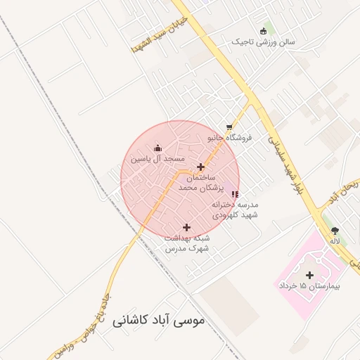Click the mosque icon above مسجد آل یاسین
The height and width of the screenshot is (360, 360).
(157, 148)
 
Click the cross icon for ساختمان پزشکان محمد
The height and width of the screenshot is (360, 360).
(201, 167)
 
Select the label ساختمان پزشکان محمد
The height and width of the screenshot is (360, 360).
(200, 184)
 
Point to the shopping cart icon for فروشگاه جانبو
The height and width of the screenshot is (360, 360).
(229, 127)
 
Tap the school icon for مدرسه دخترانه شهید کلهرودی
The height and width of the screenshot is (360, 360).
(235, 194)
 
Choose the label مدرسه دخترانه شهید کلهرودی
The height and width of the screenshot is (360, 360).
(235, 210)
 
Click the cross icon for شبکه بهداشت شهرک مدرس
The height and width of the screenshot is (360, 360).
(186, 227)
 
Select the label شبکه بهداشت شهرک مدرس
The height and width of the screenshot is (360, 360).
(188, 243)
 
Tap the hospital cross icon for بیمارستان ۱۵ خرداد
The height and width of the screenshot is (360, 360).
(309, 275)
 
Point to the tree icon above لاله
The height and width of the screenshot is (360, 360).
(334, 230)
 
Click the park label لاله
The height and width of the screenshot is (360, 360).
(335, 241)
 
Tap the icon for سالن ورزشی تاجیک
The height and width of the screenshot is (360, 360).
(264, 30)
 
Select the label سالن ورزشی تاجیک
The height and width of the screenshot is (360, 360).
(264, 42)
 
